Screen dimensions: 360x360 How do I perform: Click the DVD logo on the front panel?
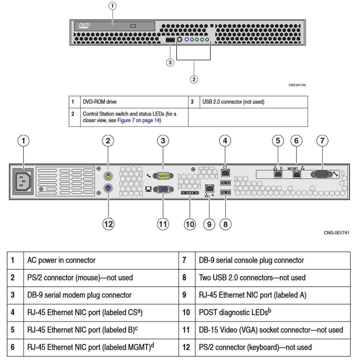pyautogui.click(x=84, y=25)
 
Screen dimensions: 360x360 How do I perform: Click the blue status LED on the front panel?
pyautogui.click(x=187, y=40)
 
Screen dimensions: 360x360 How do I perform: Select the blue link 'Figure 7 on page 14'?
pyautogui.click(x=138, y=120)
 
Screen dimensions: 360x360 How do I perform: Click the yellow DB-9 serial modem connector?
pyautogui.click(x=163, y=175)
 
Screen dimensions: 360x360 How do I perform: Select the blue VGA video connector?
pyautogui.click(x=163, y=189)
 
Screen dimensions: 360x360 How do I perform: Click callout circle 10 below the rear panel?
pyautogui.click(x=190, y=224)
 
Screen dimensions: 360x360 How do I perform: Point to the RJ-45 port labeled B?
pyautogui.click(x=277, y=174)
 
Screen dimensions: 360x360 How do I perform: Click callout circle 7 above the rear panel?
pyautogui.click(x=322, y=141)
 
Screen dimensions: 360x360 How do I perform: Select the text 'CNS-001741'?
pyautogui.click(x=336, y=233)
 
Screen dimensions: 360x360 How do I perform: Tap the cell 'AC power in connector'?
pyautogui.click(x=61, y=260)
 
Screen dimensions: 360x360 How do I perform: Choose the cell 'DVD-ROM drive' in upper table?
pyautogui.click(x=100, y=102)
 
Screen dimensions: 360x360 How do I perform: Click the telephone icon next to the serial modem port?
pyautogui.click(x=148, y=175)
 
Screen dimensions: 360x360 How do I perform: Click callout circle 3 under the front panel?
pyautogui.click(x=170, y=62)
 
